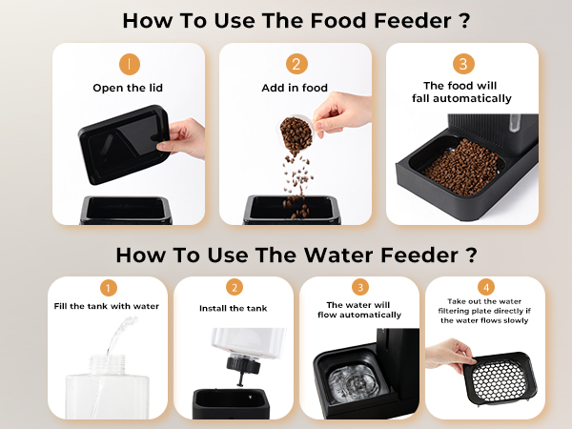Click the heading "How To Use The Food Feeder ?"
click(285, 20)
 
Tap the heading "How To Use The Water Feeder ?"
click(285, 255)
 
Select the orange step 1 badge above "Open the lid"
click(129, 64)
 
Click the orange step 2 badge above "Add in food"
click(296, 64)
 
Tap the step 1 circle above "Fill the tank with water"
click(109, 288)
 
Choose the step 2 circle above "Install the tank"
click(234, 288)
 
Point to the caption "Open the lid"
click(129, 88)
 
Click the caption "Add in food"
click(296, 88)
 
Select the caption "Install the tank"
click(234, 308)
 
